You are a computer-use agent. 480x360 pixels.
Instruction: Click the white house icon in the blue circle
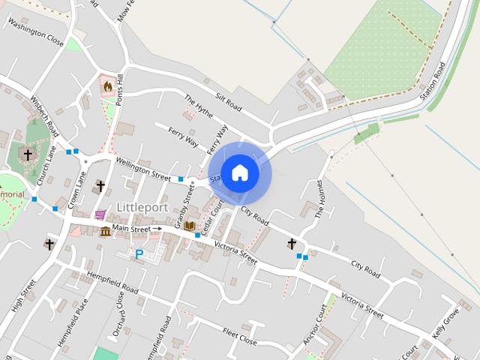pyautogui.click(x=240, y=173)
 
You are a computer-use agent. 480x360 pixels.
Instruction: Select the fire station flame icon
pyautogui.click(x=108, y=87)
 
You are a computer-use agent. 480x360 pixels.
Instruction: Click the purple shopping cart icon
pyautogui.click(x=100, y=214)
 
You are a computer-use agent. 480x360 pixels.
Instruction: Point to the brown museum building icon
pyautogui.click(x=105, y=231)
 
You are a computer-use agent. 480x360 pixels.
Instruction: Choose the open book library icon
pyautogui.click(x=190, y=226)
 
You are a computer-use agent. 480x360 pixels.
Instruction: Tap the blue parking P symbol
pyautogui.click(x=139, y=255)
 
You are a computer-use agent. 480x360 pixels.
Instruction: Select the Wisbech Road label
pyautogui.click(x=44, y=115)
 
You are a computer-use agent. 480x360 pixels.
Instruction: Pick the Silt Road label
pyautogui.click(x=230, y=103)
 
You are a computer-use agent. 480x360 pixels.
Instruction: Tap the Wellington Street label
pyautogui.click(x=142, y=167)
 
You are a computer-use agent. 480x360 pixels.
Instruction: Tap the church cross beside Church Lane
pyautogui.click(x=28, y=155)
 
